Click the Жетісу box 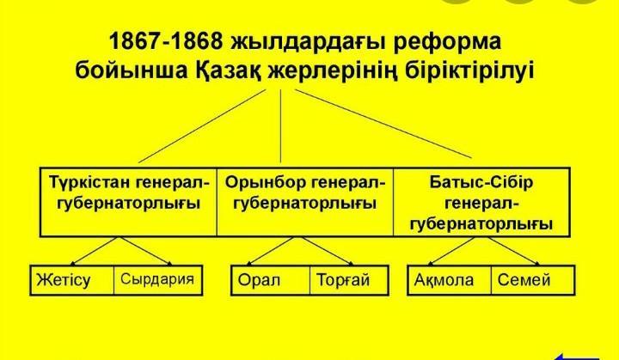(72, 280)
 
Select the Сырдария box (158, 280)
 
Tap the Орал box (271, 280)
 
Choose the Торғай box (349, 280)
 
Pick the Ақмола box (450, 280)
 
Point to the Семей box (533, 280)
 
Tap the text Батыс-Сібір (481, 182)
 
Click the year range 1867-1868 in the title (166, 41)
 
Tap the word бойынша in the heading (132, 70)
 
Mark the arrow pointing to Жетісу (94, 251)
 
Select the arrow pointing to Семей (514, 251)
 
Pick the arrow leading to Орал (270, 251)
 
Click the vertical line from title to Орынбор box (280, 126)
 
